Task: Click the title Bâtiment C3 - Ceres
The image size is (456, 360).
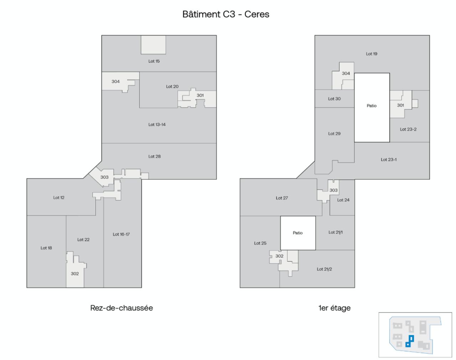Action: click(226, 14)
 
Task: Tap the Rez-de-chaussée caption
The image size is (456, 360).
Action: click(121, 308)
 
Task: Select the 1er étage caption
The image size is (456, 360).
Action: click(334, 308)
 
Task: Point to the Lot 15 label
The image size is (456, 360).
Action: click(154, 61)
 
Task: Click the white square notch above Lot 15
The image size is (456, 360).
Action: click(153, 45)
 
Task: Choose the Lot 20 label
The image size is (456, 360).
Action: click(172, 87)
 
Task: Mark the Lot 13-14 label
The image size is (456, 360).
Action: click(157, 125)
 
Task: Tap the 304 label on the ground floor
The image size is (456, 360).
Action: click(115, 82)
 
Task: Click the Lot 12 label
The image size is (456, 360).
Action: click(59, 198)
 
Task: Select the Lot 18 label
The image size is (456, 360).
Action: click(46, 248)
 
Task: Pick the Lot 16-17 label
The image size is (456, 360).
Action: click(121, 235)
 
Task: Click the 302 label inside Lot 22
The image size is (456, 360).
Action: click(74, 274)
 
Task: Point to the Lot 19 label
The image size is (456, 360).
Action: click(372, 54)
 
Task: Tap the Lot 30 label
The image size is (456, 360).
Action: click(334, 99)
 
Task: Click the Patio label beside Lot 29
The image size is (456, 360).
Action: click(372, 106)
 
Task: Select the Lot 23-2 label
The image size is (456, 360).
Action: click(408, 129)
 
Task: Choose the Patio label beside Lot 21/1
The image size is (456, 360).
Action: click(297, 233)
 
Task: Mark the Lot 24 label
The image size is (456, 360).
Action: click(343, 200)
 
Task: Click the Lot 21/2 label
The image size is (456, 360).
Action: click(324, 269)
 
